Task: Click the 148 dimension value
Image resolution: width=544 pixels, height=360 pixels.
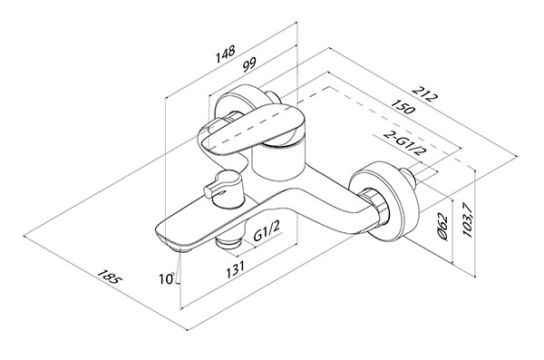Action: tap(226, 54)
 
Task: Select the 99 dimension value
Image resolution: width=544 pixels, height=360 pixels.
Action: tap(248, 64)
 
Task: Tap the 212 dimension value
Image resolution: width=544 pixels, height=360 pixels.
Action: tap(423, 93)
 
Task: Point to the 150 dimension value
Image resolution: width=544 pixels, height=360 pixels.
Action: tap(403, 106)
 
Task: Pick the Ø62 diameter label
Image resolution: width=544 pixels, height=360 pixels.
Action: tap(443, 227)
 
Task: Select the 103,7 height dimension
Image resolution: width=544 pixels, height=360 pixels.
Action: tap(468, 220)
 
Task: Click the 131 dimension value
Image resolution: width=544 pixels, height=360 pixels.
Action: tap(236, 269)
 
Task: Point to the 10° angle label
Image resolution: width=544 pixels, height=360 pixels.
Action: tap(167, 278)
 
